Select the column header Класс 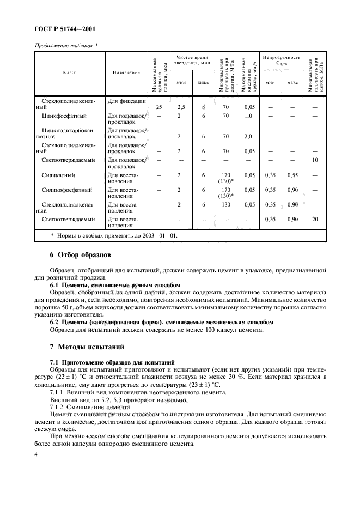point(69,72)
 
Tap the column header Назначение point(126,72)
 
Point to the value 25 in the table point(159,107)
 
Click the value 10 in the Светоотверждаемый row point(314,160)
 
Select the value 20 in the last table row point(314,220)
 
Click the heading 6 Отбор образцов point(72,254)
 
